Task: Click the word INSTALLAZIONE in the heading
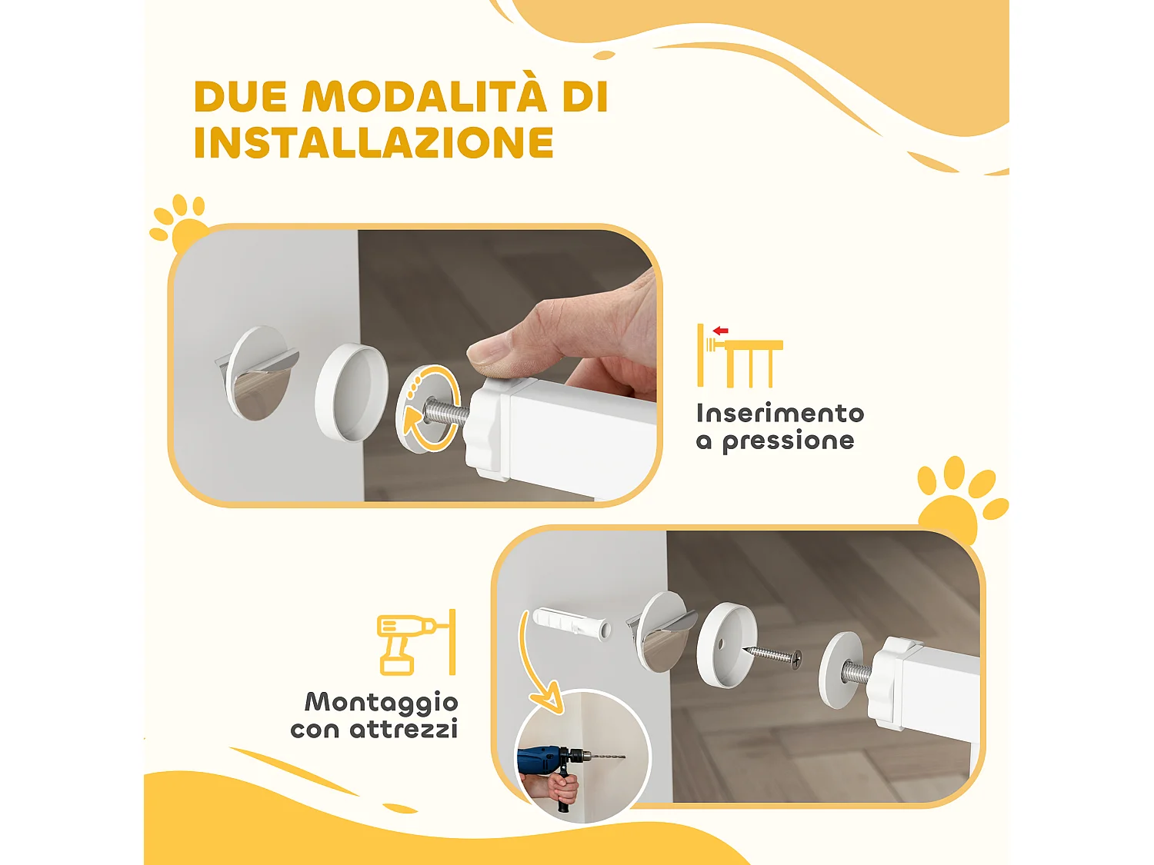pyautogui.click(x=373, y=143)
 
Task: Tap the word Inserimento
pyautogui.click(x=779, y=414)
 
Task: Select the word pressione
pyautogui.click(x=788, y=441)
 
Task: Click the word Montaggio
pyautogui.click(x=381, y=702)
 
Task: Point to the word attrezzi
pyautogui.click(x=404, y=729)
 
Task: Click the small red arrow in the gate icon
pyautogui.click(x=721, y=331)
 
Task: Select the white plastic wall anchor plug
pyautogui.click(x=572, y=624)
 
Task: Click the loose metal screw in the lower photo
pyautogui.click(x=772, y=655)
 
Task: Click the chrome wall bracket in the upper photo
pyautogui.click(x=258, y=373)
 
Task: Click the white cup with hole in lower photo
pyautogui.click(x=725, y=644)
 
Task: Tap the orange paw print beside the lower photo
pyautogui.click(x=958, y=500)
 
